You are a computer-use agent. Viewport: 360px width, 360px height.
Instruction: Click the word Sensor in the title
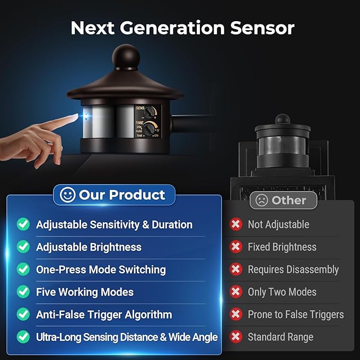pyautogui.click(x=262, y=28)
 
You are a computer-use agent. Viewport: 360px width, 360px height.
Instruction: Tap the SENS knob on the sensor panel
pyautogui.click(x=149, y=112)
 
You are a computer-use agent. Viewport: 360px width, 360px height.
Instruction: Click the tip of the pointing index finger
pyautogui.click(x=77, y=116)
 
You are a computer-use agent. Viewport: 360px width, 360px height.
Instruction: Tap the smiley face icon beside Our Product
pyautogui.click(x=67, y=195)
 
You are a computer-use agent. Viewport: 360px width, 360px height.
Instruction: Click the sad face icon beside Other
pyautogui.click(x=261, y=200)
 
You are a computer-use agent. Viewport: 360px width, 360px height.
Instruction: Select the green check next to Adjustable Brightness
pyautogui.click(x=23, y=247)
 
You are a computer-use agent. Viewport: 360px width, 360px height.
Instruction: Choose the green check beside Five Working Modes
pyautogui.click(x=23, y=292)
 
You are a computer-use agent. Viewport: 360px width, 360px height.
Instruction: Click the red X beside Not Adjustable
pyautogui.click(x=236, y=224)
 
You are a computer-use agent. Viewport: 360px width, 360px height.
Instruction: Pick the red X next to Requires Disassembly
pyautogui.click(x=236, y=269)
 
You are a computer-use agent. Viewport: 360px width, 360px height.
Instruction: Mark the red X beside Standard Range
pyautogui.click(x=236, y=337)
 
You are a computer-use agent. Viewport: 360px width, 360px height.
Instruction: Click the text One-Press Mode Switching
pyautogui.click(x=101, y=269)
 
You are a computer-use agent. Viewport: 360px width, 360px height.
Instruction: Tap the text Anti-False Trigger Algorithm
pyautogui.click(x=104, y=314)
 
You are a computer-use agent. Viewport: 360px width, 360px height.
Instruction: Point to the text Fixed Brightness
pyautogui.click(x=282, y=247)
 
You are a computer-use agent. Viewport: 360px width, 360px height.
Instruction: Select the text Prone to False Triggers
pyautogui.click(x=296, y=314)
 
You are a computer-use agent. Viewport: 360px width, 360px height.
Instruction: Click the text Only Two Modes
pyautogui.click(x=282, y=292)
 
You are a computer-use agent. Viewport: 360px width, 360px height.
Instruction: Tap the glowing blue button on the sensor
pyautogui.click(x=86, y=117)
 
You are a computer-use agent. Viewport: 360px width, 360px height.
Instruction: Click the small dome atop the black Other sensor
pyautogui.click(x=283, y=119)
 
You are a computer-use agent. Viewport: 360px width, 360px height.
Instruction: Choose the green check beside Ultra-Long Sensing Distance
pyautogui.click(x=23, y=337)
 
